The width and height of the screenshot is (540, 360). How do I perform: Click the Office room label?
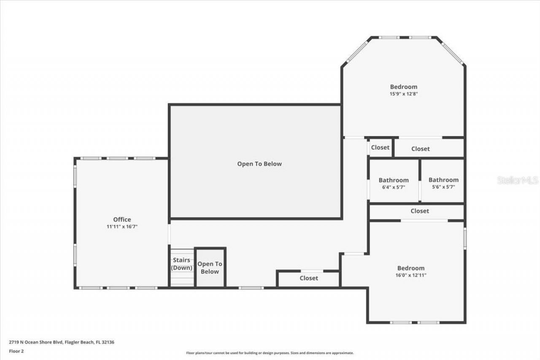(x=122, y=219)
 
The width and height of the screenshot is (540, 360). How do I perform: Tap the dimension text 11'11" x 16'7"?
(x=122, y=227)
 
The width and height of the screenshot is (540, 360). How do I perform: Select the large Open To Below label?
(x=259, y=164)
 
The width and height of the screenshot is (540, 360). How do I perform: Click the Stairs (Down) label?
(x=182, y=264)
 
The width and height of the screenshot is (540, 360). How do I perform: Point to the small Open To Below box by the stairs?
(x=210, y=268)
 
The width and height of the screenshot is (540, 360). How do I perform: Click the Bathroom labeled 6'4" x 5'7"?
(x=393, y=180)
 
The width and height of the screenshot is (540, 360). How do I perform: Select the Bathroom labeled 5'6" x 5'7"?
(x=443, y=180)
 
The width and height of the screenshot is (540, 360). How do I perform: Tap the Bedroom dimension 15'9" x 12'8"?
(x=403, y=94)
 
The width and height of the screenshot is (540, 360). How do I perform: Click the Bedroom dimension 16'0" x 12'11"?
(x=410, y=275)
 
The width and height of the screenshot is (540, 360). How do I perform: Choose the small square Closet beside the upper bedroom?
(x=380, y=147)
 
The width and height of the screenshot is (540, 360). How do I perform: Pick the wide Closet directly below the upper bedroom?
(x=420, y=149)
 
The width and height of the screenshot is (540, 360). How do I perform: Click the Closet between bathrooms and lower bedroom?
(x=419, y=211)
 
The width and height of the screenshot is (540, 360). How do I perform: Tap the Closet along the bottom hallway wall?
(x=309, y=278)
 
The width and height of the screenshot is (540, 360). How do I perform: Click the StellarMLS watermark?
(x=518, y=180)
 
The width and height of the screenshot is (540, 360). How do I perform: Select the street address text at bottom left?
(x=62, y=342)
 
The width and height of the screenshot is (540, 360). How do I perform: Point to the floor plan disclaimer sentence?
(x=270, y=353)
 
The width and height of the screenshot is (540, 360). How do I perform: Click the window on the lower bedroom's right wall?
(x=465, y=238)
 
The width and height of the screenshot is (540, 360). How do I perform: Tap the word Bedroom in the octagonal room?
(x=403, y=87)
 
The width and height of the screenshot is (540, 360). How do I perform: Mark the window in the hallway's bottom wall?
(x=251, y=288)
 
